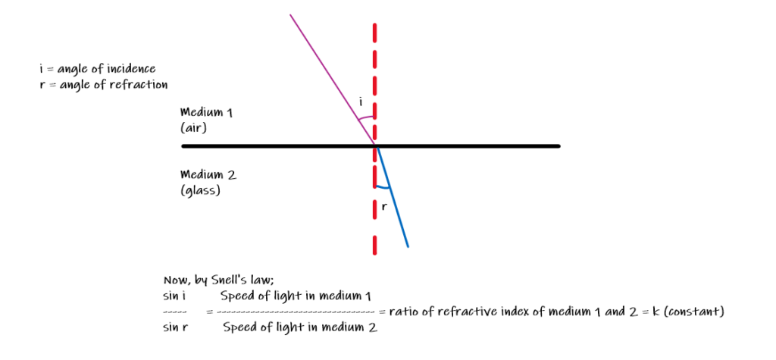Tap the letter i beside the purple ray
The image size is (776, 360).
[x=361, y=102]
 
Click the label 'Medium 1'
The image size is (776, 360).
[x=206, y=112]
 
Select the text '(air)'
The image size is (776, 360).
[x=194, y=129]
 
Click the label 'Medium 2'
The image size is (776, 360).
[x=208, y=174]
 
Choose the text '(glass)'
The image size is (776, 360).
[x=200, y=191]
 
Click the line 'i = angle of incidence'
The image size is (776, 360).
[x=97, y=69]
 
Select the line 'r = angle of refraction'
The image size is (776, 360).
[x=103, y=84]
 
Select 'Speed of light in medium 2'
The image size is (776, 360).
[x=300, y=327]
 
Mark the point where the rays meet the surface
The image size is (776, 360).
[x=375, y=145]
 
